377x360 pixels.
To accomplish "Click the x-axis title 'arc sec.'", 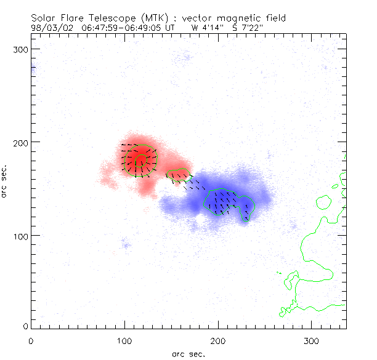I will [x=188, y=354].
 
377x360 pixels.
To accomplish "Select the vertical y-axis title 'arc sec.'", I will [x=5, y=180].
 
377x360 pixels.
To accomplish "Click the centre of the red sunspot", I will [x=140, y=159].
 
